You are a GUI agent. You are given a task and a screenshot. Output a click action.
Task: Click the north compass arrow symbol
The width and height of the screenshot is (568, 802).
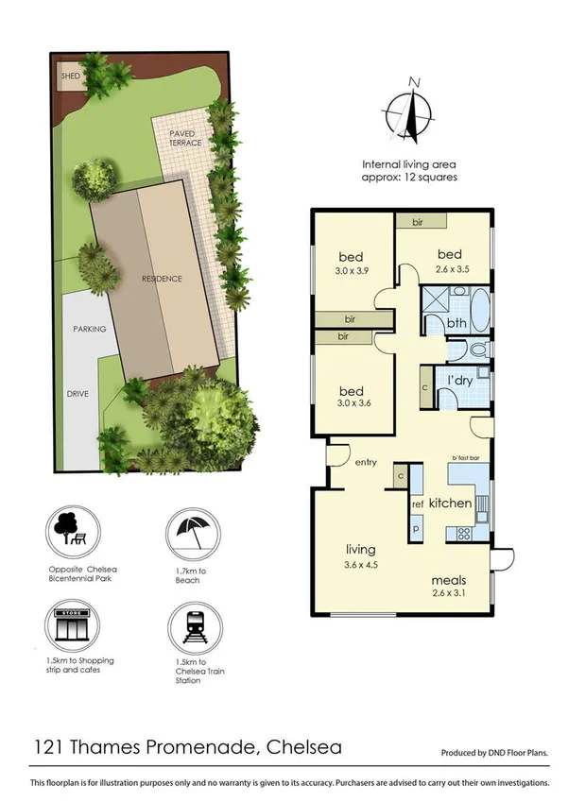[x=412, y=109]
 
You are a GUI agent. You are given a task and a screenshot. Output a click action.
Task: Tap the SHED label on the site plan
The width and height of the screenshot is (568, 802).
[x=70, y=77]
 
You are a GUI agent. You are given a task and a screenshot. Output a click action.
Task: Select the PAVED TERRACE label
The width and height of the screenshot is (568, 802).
[x=185, y=138]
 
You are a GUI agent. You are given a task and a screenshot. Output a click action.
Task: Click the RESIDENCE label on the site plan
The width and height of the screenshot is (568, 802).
[x=162, y=279]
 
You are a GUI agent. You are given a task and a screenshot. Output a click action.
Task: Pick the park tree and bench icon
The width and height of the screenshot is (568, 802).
[x=71, y=534]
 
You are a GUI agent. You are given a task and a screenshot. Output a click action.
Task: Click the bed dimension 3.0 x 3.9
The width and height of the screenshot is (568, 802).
[x=352, y=270]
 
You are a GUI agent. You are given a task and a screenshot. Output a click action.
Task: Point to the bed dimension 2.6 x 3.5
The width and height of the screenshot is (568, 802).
[x=449, y=268]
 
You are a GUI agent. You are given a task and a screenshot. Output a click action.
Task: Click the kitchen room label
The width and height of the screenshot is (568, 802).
[x=450, y=503]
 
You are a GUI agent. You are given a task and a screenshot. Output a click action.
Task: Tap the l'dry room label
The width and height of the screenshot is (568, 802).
[x=459, y=380]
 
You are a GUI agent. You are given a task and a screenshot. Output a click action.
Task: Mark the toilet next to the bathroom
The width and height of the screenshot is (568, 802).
[x=478, y=350]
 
